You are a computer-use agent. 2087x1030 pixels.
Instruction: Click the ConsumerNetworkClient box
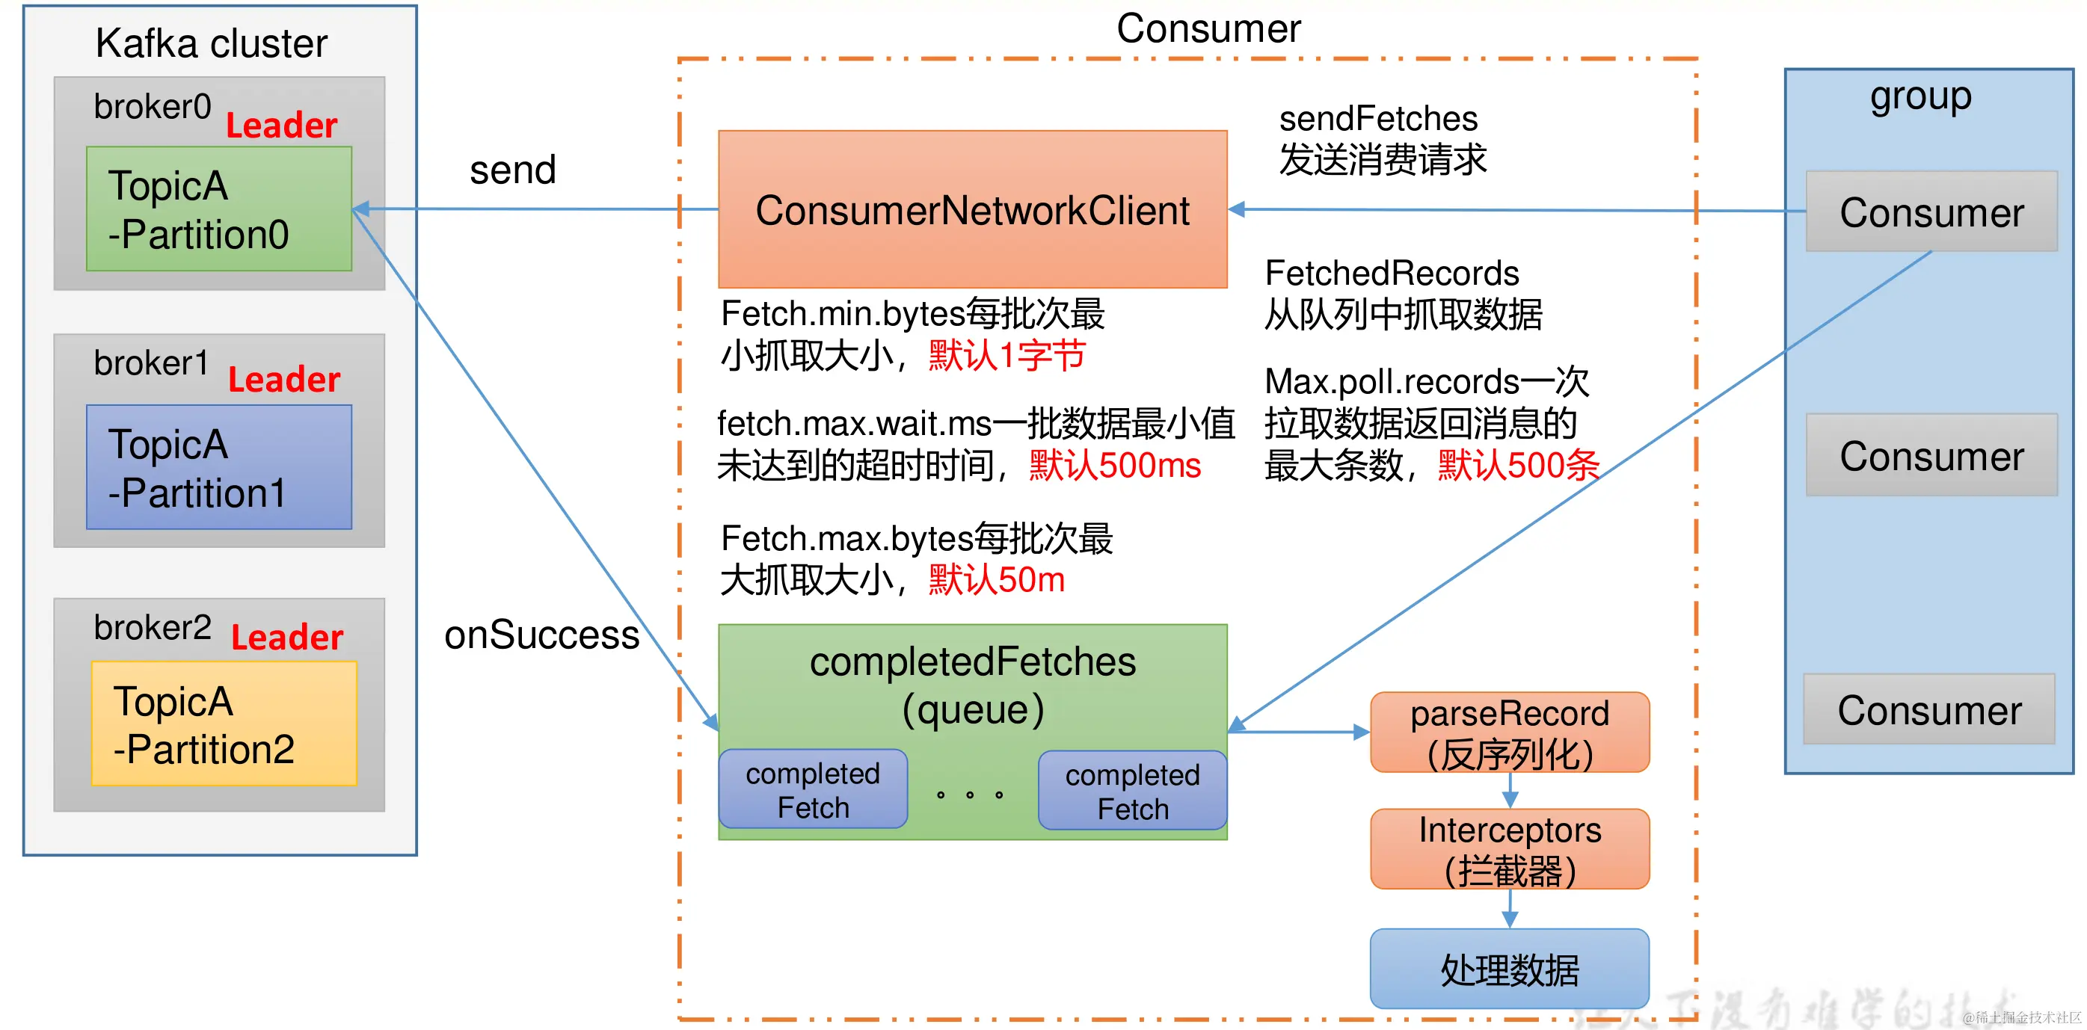(972, 209)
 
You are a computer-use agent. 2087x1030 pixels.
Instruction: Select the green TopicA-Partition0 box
(219, 209)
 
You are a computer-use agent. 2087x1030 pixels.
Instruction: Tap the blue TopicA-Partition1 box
(219, 467)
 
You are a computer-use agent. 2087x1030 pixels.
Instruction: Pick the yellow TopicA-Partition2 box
(224, 724)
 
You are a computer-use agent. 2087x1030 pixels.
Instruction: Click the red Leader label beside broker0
(281, 126)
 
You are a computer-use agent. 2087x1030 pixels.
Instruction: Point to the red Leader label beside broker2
(287, 638)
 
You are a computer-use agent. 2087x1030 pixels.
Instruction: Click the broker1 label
(152, 363)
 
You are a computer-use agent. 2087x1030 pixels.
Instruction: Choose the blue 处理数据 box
(1509, 969)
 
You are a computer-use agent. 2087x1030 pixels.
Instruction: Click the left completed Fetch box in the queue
(813, 789)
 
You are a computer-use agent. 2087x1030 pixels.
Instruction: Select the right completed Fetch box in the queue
(1132, 791)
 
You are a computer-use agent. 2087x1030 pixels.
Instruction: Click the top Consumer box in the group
(1931, 212)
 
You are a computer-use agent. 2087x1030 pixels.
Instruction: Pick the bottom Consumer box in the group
(1928, 709)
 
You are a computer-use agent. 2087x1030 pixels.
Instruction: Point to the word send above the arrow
(513, 170)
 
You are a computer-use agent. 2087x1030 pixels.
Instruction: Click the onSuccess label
(541, 635)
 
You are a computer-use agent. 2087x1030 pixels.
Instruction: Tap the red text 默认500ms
(1114, 466)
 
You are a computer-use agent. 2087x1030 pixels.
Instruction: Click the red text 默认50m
(996, 580)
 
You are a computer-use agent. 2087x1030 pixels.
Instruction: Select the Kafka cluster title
(212, 43)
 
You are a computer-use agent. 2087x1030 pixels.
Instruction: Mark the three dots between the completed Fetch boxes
(970, 795)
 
